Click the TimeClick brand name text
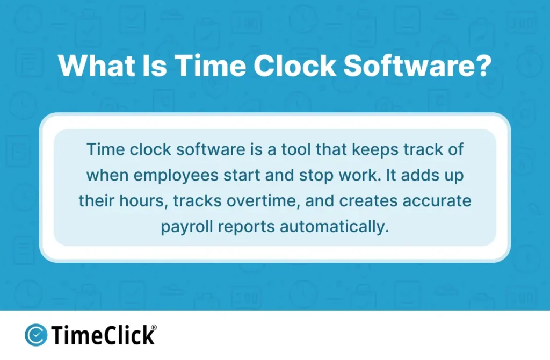pos(103,336)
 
